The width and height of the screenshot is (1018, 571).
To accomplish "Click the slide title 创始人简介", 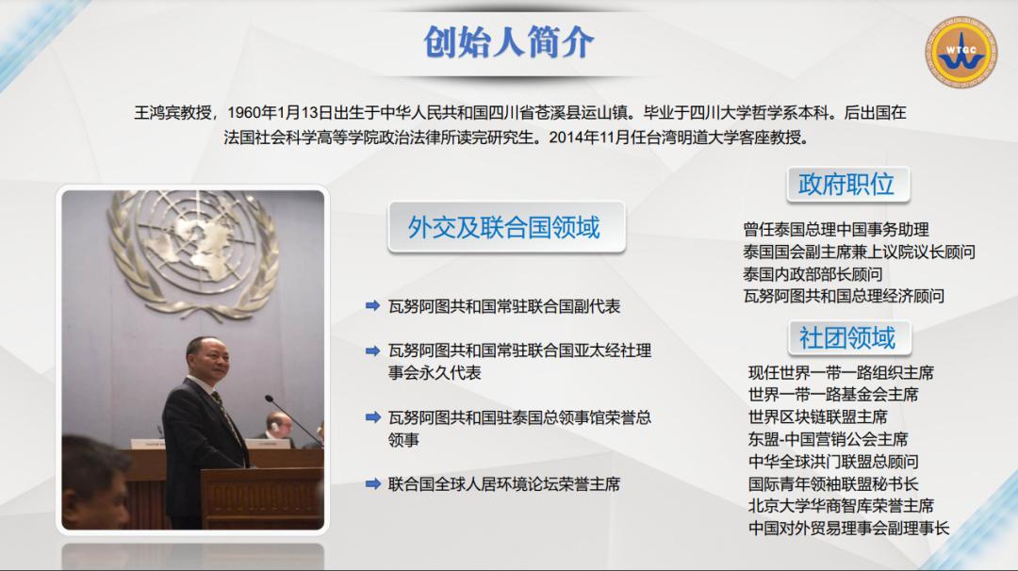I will pos(509,42).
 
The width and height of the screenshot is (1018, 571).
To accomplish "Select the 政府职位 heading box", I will pos(846,184).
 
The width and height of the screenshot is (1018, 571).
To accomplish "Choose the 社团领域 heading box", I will pos(847,336).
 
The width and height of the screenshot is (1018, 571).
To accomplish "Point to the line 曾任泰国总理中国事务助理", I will pos(836,229).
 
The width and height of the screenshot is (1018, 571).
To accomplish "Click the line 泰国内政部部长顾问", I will pos(813,274).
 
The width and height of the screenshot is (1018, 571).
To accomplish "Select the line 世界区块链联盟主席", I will pos(818,416).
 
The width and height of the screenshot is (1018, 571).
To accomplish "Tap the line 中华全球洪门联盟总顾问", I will pos(833,462).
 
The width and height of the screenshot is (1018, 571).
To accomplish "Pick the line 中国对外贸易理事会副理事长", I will pos(848,529).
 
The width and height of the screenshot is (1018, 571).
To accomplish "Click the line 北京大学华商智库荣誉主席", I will pos(841,506).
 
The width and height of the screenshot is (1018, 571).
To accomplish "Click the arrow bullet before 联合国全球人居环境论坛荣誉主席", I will pos(372,484).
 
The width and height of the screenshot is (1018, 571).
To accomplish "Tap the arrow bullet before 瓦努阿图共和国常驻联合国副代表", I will pos(372,306).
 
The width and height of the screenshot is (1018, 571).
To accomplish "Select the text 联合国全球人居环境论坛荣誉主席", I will pos(504,484).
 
